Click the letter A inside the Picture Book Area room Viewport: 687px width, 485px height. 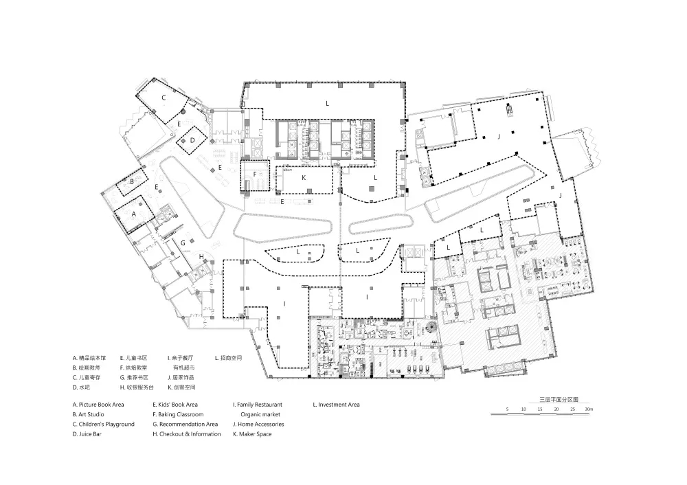pos(133,214)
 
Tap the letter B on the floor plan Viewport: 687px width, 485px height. pos(131,181)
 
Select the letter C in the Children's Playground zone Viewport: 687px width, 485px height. pos(164,98)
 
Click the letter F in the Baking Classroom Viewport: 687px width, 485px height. pos(255,174)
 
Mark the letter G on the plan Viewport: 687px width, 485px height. pos(183,242)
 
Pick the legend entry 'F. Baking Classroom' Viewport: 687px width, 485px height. pos(178,414)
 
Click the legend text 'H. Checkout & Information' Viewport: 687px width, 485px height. pos(187,434)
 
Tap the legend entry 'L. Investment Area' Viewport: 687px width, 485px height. pos(336,405)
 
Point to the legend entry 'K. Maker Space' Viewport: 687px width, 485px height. pos(254,434)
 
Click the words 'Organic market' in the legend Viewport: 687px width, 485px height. pos(261,414)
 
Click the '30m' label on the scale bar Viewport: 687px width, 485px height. pos(587,409)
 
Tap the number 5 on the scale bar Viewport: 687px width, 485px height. pos(507,409)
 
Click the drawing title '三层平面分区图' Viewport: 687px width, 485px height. pos(559,398)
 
